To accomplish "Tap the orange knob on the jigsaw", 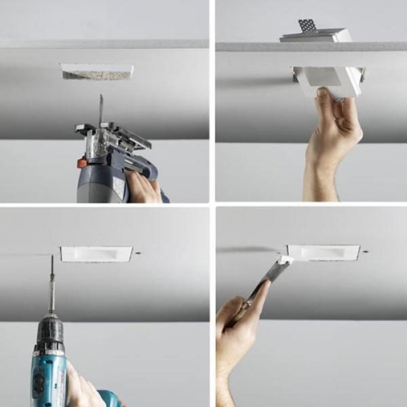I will [x=82, y=163].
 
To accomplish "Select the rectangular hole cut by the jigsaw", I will [x=97, y=71].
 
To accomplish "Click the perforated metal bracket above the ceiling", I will [x=307, y=26].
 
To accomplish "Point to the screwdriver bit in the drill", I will [x=52, y=285].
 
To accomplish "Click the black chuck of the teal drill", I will [x=50, y=334].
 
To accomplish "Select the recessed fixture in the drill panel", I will [x=96, y=254].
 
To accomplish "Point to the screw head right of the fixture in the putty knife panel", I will [x=366, y=252].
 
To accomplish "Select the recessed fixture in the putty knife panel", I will [x=323, y=252].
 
